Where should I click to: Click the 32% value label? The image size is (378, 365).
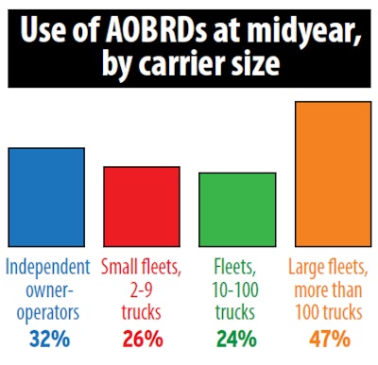[x=46, y=337]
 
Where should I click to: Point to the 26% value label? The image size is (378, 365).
[x=142, y=337]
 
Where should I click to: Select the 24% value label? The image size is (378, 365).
[x=237, y=337]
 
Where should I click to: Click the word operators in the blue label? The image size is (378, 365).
[x=46, y=309]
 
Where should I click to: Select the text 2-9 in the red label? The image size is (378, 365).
[x=142, y=289]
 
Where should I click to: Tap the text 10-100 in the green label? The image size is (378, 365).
[x=237, y=289]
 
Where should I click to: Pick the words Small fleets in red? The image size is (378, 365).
[x=142, y=268]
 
